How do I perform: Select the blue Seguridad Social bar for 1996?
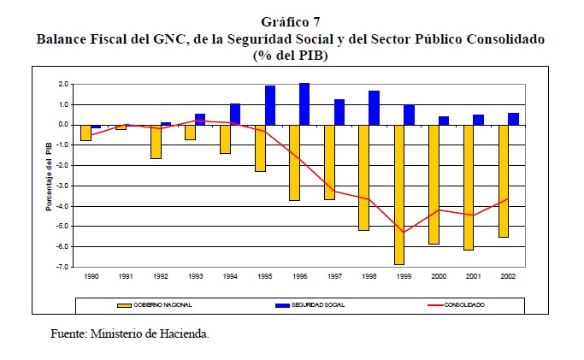(304, 103)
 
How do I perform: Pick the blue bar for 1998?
(375, 108)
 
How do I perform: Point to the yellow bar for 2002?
(503, 180)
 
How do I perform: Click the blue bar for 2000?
(444, 121)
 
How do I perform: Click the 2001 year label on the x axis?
(473, 277)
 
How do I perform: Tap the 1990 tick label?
(90, 277)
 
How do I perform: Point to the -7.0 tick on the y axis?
(63, 268)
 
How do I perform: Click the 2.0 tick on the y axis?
(64, 85)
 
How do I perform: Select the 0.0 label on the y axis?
(64, 125)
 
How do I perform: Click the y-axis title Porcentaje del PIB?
(50, 176)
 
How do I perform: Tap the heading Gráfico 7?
(291, 23)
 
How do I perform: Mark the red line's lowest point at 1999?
(402, 232)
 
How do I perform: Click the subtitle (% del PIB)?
(291, 55)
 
